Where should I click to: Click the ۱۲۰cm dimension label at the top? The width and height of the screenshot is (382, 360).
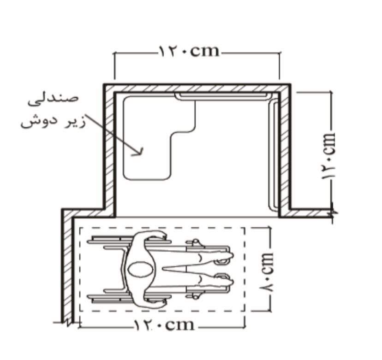[x=189, y=51]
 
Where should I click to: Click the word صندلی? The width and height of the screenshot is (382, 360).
[x=53, y=100]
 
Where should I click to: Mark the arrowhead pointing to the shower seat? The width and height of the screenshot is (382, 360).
[x=138, y=151]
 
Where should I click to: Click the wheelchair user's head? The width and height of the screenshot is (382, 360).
[x=140, y=270]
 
